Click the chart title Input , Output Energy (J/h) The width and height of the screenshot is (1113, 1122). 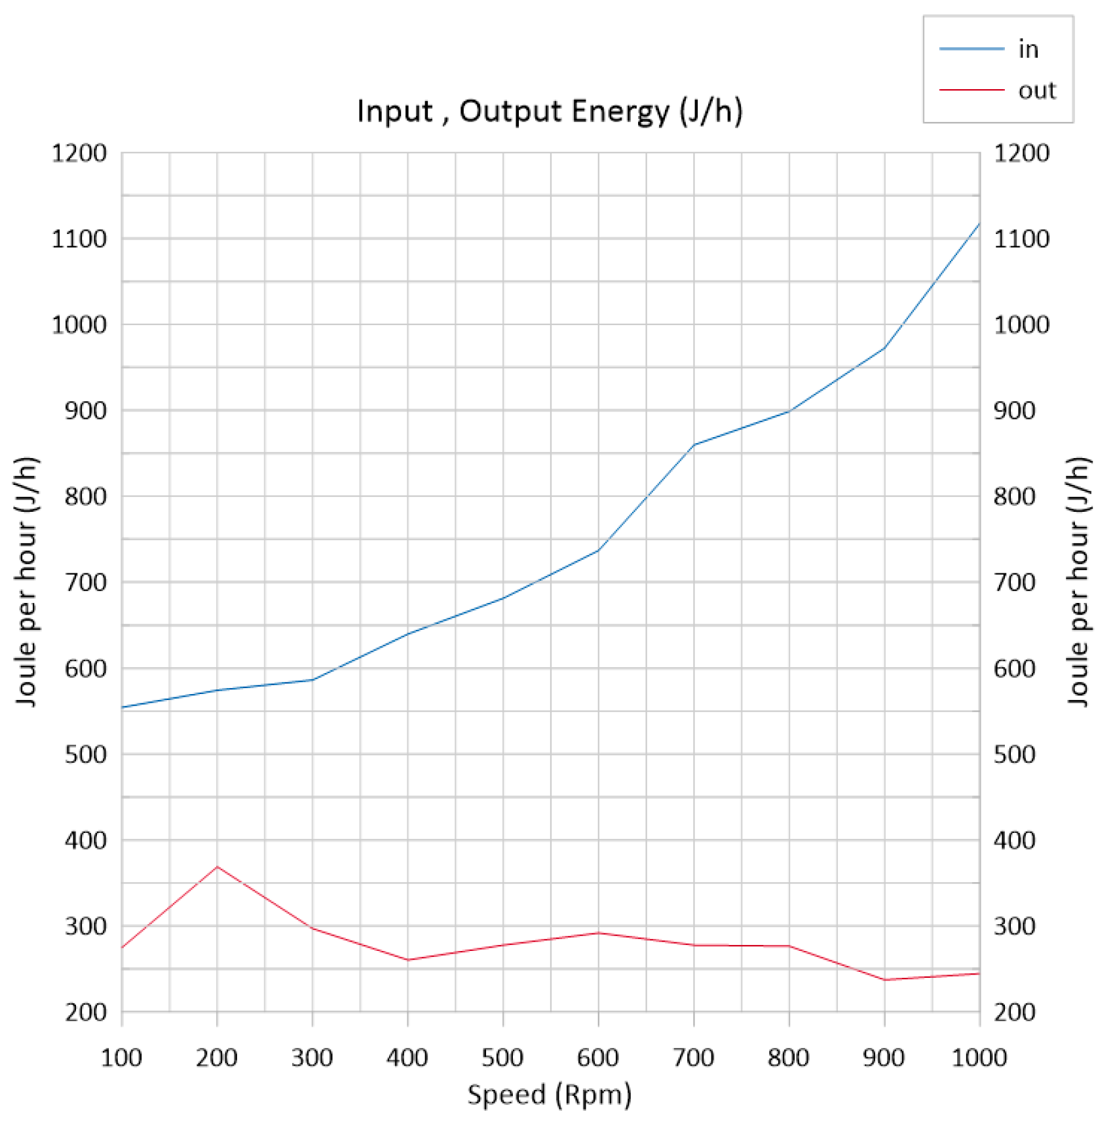[550, 111]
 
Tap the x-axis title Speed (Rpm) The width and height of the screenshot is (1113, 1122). [549, 1094]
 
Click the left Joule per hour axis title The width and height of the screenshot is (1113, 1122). [27, 581]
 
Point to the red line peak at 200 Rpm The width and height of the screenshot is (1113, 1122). [217, 866]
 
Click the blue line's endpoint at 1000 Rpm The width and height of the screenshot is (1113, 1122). [979, 223]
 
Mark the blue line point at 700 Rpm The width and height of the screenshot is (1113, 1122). [694, 444]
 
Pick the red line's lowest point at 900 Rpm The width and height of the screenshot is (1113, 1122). [884, 980]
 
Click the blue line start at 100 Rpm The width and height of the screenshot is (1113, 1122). [123, 707]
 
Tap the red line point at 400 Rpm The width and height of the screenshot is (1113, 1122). [407, 960]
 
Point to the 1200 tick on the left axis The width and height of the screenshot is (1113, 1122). [79, 153]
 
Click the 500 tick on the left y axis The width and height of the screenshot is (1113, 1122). [85, 754]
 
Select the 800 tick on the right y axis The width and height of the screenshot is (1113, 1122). [1014, 496]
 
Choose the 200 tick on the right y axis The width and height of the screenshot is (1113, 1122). [1014, 1013]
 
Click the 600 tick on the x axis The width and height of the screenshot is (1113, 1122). [597, 1057]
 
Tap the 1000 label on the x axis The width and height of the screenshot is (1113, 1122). [979, 1057]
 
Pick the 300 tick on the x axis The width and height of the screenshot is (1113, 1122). [312, 1057]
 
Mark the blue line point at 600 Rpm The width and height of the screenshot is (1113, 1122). [598, 550]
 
